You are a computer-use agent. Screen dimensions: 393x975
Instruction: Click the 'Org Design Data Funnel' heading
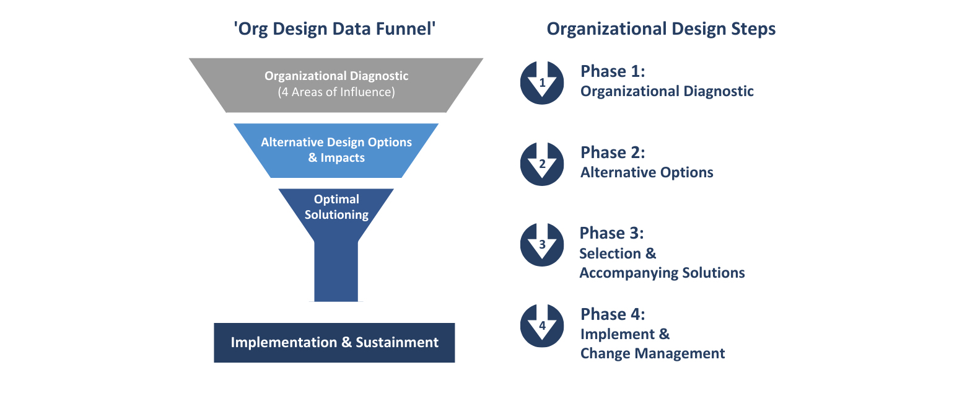(334, 29)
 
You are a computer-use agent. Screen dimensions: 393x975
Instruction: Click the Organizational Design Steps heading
(661, 29)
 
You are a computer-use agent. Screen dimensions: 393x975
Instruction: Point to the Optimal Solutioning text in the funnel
(336, 207)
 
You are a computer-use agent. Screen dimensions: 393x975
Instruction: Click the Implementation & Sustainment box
(334, 343)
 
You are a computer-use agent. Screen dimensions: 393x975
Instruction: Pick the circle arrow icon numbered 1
(542, 82)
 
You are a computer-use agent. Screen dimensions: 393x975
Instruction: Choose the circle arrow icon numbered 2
(542, 164)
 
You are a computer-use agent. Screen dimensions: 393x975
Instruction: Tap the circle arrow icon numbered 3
(542, 244)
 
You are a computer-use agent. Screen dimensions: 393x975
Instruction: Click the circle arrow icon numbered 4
(542, 325)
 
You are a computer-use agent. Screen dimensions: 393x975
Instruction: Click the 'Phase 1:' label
(613, 71)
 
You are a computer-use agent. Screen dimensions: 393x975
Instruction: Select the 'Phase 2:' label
(613, 152)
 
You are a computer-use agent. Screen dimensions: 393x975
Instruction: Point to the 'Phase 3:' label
(611, 233)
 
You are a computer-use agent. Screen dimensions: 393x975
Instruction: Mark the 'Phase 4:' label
(613, 314)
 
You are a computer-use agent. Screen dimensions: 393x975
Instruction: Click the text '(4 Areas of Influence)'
(336, 92)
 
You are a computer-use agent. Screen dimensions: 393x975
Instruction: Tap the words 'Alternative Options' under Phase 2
(647, 172)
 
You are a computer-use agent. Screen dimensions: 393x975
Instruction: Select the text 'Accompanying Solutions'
(662, 273)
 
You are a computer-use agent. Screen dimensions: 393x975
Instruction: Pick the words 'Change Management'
(652, 353)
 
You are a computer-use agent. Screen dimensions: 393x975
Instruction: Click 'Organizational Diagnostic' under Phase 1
(667, 91)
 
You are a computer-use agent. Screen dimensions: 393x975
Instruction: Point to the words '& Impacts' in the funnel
(336, 158)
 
